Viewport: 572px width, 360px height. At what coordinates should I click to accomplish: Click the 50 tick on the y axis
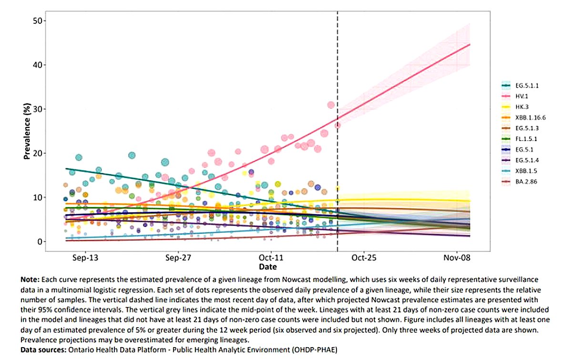(39, 21)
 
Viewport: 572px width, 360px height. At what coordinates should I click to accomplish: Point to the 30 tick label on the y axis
(39, 109)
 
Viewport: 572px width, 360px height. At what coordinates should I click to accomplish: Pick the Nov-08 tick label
(457, 258)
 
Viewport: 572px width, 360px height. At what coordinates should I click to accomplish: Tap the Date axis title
(268, 267)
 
